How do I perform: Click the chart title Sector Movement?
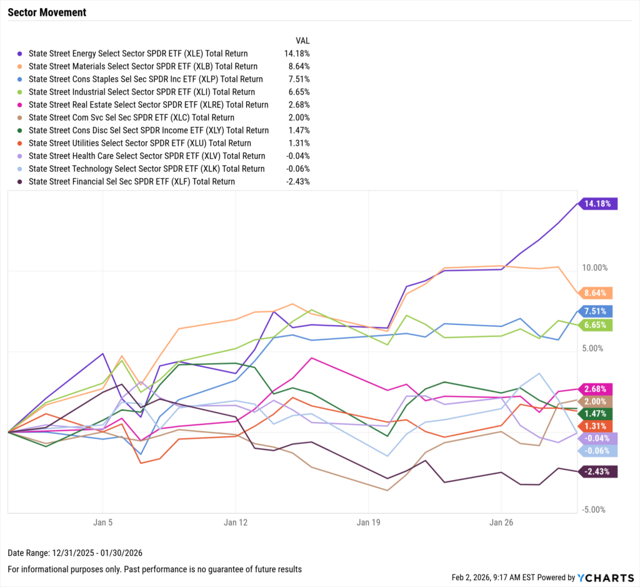click(47, 13)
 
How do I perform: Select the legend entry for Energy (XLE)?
click(137, 54)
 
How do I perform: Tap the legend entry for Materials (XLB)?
click(142, 66)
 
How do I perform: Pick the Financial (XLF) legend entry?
click(131, 181)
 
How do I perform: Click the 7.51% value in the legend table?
click(297, 79)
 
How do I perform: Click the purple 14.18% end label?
click(599, 203)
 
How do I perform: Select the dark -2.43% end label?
click(597, 471)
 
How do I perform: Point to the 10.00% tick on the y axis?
click(594, 268)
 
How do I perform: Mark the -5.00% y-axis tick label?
click(594, 509)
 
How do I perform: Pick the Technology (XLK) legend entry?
click(146, 169)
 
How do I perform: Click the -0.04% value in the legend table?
click(297, 156)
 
